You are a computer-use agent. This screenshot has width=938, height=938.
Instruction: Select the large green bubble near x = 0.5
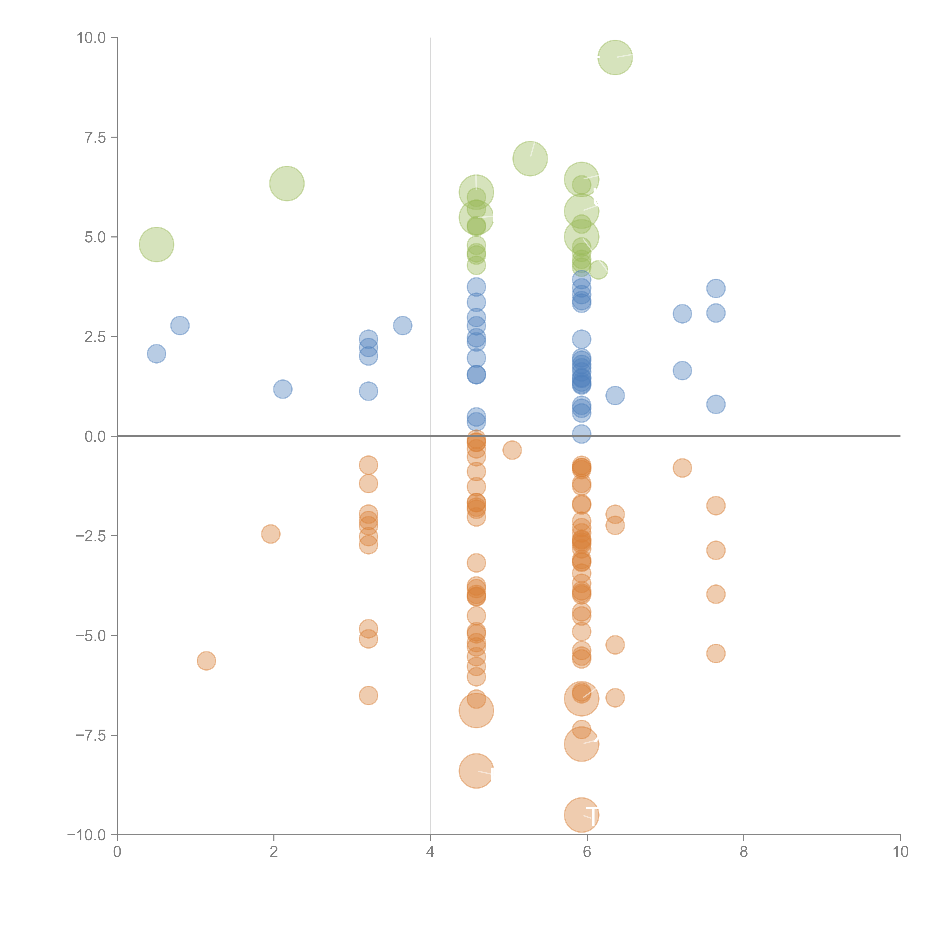pyautogui.click(x=156, y=244)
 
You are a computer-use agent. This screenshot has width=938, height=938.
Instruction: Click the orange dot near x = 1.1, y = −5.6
pyautogui.click(x=206, y=661)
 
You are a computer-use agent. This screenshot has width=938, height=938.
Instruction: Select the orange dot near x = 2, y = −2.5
pyautogui.click(x=271, y=534)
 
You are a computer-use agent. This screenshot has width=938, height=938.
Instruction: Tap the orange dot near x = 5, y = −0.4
pyautogui.click(x=512, y=450)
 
